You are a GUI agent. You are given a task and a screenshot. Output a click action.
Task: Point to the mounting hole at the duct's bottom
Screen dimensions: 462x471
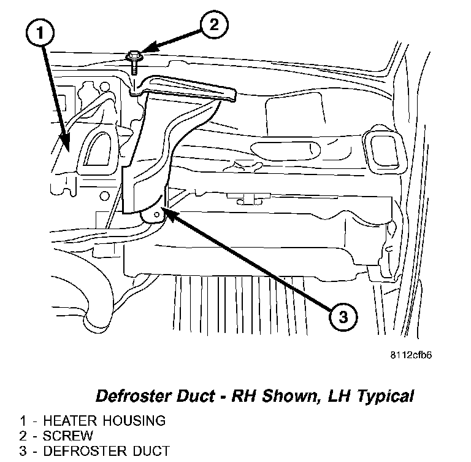157,215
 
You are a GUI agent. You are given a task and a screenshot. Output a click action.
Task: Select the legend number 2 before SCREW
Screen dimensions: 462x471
23,436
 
